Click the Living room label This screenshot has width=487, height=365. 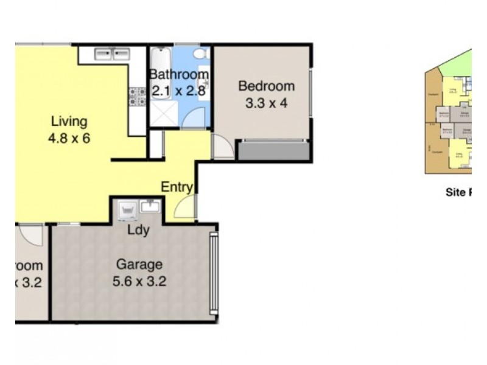click(69, 120)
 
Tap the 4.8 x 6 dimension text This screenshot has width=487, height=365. click(69, 138)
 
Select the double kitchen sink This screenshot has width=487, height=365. click(113, 54)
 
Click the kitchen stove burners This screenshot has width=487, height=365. click(136, 96)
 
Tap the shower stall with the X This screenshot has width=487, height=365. click(163, 113)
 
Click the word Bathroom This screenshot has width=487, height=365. click(179, 75)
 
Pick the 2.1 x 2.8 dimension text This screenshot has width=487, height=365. click(179, 92)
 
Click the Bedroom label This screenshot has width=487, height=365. click(266, 86)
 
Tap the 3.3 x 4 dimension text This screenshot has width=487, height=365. click(266, 103)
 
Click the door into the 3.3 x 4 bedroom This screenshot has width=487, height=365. click(222, 147)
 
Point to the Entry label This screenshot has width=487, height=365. click(177, 187)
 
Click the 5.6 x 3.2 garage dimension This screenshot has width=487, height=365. click(139, 282)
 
